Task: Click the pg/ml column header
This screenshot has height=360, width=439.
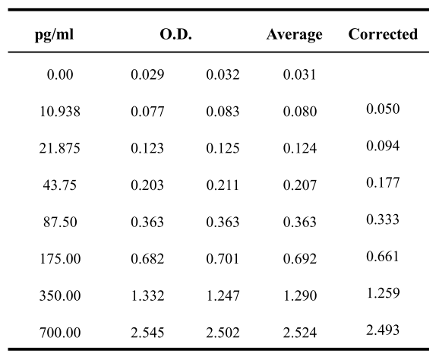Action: tap(55, 35)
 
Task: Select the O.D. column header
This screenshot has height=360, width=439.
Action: tap(175, 34)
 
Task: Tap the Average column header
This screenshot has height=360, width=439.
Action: tap(294, 35)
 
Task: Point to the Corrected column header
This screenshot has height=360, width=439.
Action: tap(383, 34)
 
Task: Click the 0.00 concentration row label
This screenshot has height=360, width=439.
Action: tap(60, 74)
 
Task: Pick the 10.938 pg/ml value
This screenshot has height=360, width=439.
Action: tap(60, 112)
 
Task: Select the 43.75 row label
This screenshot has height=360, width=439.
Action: tap(60, 185)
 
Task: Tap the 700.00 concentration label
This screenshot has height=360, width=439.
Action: tap(60, 333)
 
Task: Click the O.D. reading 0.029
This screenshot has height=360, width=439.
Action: tap(147, 74)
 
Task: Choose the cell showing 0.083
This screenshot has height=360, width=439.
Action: tap(223, 112)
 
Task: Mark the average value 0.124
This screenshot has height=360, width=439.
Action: tap(300, 148)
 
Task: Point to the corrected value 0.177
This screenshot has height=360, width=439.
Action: tap(383, 182)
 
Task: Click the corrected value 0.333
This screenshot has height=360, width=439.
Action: tap(383, 219)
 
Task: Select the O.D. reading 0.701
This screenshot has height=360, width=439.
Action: tap(223, 259)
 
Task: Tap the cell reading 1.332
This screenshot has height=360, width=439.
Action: tap(147, 295)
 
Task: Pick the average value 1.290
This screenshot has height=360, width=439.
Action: tap(300, 295)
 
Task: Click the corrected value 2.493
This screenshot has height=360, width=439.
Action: tap(383, 330)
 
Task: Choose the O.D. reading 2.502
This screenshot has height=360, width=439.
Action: tap(223, 333)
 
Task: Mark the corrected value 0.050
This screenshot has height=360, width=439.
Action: tap(383, 109)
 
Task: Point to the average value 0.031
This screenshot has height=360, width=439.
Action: tap(300, 74)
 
